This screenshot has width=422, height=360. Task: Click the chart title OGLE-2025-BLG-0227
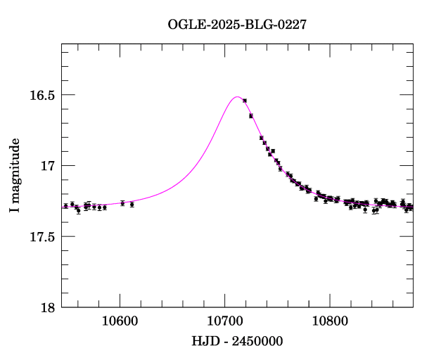pyautogui.click(x=237, y=25)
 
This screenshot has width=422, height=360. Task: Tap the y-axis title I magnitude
pyautogui.click(x=14, y=176)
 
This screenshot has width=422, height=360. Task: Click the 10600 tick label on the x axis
pyautogui.click(x=120, y=322)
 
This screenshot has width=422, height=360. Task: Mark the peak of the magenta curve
pyautogui.click(x=237, y=97)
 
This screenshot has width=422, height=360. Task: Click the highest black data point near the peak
pyautogui.click(x=245, y=101)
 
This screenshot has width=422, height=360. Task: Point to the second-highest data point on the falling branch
pyautogui.click(x=251, y=115)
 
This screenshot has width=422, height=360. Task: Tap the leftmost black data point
pyautogui.click(x=65, y=206)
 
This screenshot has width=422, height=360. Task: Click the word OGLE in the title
pyautogui.click(x=185, y=25)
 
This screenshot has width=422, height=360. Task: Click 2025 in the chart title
pyautogui.click(x=222, y=25)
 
